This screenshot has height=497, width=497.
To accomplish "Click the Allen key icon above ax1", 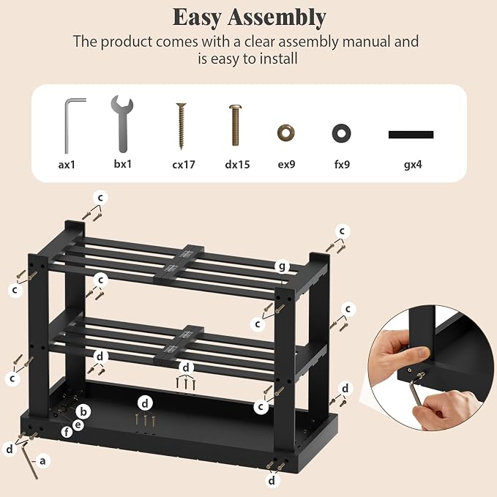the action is (x=67, y=127).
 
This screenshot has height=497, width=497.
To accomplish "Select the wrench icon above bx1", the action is (x=122, y=124).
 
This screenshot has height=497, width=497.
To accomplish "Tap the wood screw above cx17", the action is (x=182, y=126).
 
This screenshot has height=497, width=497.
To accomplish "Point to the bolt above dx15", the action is (x=235, y=125).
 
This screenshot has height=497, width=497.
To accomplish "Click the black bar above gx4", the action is (x=411, y=135).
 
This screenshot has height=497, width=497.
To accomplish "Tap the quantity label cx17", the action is (x=184, y=165).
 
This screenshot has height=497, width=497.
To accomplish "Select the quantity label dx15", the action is (x=237, y=165).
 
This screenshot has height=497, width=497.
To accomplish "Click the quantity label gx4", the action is (x=413, y=165).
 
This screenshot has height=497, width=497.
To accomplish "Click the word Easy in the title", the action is (x=196, y=18).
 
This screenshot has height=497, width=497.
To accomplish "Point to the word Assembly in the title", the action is (x=277, y=18).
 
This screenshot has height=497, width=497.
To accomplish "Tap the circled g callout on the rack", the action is (x=282, y=266).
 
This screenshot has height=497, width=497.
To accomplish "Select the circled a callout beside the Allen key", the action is (x=42, y=461).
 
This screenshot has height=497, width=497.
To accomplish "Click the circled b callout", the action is (x=83, y=411).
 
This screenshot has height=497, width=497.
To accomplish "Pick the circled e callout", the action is (x=78, y=425).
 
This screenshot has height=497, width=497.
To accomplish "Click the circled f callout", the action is (x=67, y=432).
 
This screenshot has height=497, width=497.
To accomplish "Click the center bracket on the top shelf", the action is (x=178, y=264).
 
